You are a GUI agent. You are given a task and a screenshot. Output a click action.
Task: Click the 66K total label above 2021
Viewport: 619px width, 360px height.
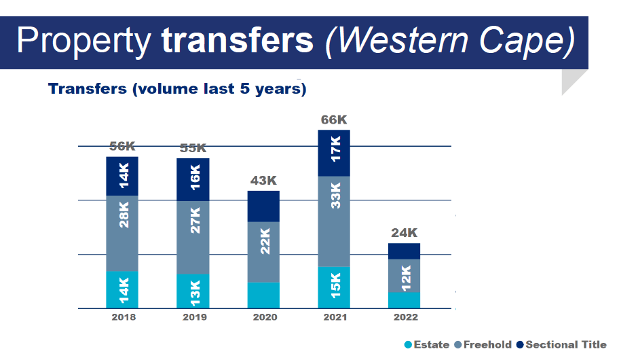(x=333, y=121)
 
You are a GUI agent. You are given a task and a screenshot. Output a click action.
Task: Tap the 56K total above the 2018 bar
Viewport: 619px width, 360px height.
(x=122, y=147)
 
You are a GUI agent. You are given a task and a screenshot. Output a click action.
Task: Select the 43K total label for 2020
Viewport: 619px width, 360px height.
(x=263, y=181)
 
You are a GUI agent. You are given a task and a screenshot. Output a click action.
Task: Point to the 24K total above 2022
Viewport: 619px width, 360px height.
(x=404, y=233)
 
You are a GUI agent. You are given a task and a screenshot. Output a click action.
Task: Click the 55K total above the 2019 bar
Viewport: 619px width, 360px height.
(x=193, y=149)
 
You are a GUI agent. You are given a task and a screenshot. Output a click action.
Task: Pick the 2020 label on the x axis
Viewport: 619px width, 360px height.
(x=263, y=318)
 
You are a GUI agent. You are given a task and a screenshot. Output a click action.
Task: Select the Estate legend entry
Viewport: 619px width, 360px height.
(x=427, y=345)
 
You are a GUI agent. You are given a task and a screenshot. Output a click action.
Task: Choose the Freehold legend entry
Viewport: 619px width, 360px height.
(x=483, y=345)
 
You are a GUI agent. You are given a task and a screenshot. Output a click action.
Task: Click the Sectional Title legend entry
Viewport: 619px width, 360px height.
(x=561, y=345)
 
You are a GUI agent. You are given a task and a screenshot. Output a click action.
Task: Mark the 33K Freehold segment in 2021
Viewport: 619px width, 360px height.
(x=334, y=221)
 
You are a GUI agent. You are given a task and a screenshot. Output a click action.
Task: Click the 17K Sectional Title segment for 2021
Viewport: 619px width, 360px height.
(x=334, y=153)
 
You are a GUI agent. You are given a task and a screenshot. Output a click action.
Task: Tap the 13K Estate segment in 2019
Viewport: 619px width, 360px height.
(x=193, y=291)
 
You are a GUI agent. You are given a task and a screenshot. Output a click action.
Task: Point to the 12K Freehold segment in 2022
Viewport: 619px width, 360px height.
(x=405, y=276)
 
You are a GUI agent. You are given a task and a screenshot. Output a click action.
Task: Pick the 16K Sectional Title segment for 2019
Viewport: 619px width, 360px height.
(x=193, y=179)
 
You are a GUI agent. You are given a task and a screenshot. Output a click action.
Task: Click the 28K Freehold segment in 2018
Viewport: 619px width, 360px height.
(x=122, y=233)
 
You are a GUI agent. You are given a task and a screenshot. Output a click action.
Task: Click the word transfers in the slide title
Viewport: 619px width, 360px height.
(x=238, y=42)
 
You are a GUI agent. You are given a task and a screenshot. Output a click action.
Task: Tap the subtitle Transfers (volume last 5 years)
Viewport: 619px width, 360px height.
(x=176, y=89)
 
